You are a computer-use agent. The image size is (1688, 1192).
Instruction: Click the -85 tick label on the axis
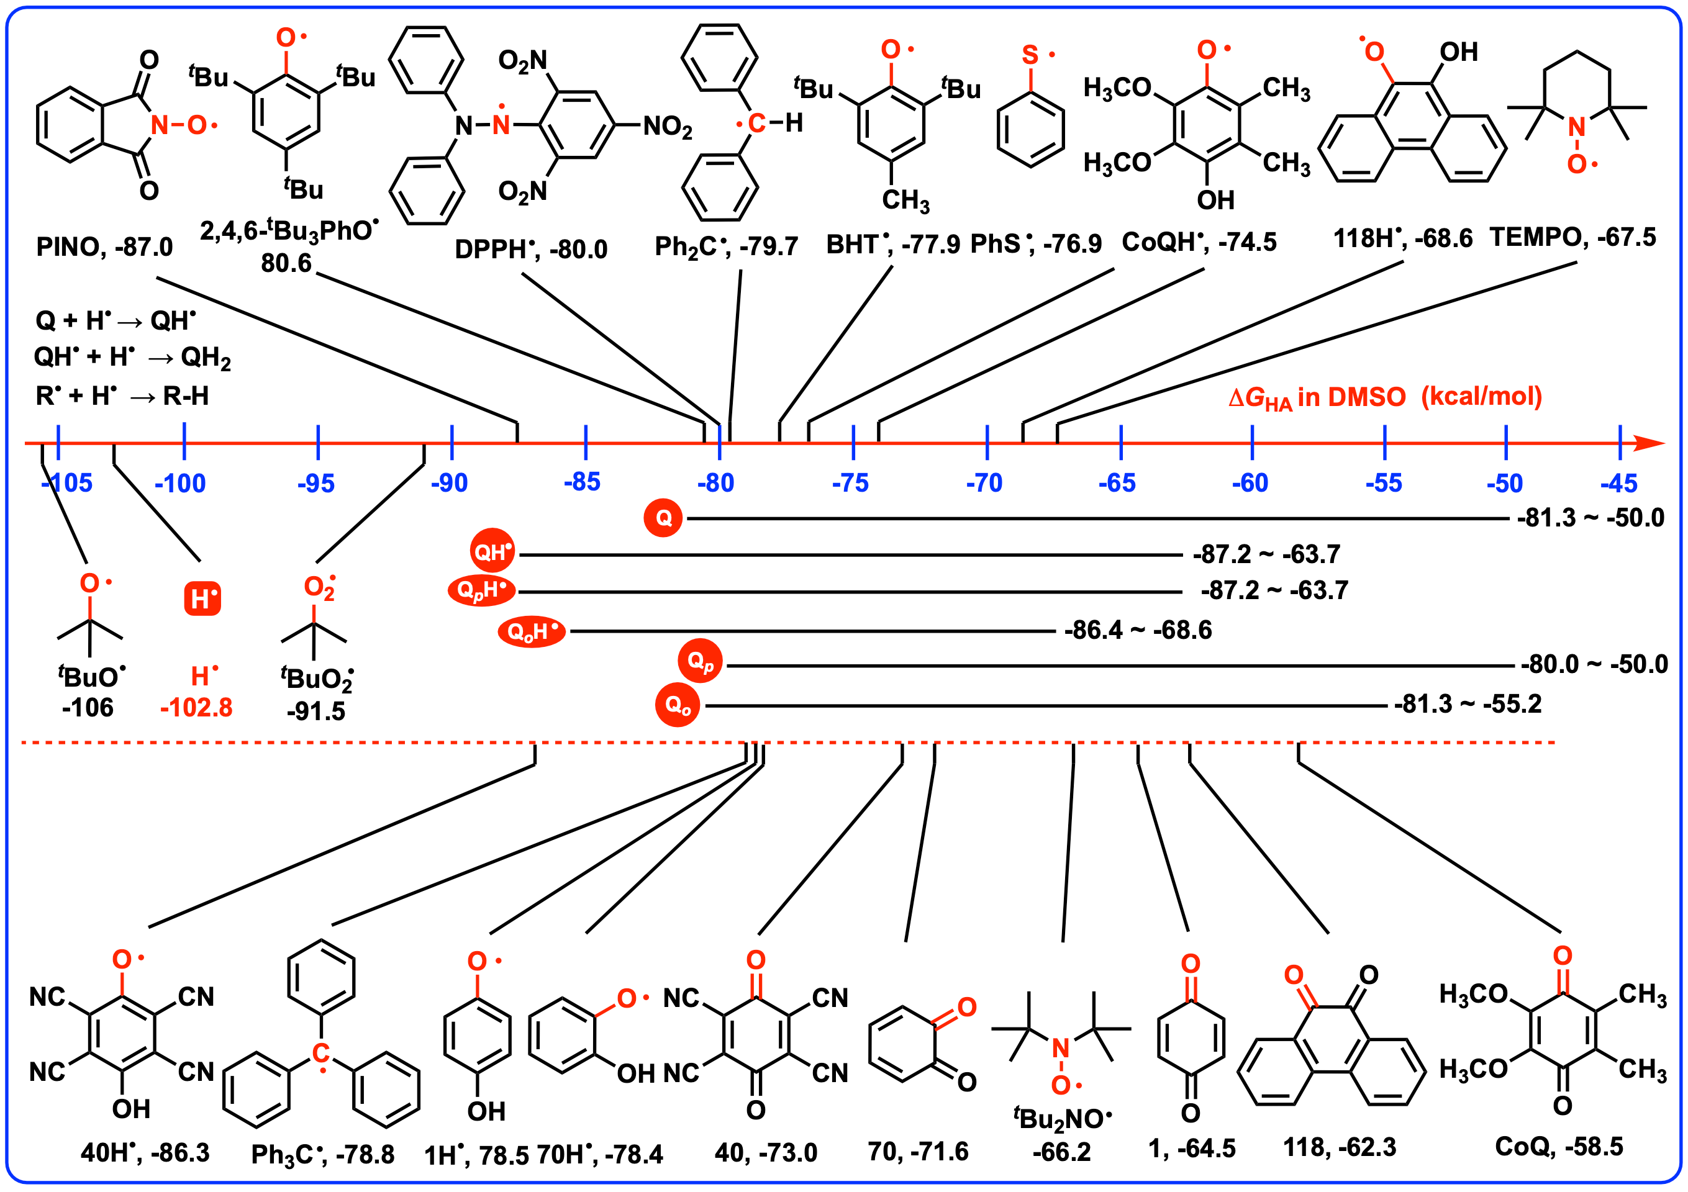[583, 482]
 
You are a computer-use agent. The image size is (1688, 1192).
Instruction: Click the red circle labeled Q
[663, 518]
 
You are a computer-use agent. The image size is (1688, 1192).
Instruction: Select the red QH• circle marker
[492, 551]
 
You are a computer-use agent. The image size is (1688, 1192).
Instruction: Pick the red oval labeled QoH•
[532, 631]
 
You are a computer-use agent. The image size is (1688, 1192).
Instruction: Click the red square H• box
[202, 598]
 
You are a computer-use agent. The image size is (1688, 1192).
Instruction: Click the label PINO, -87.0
[104, 247]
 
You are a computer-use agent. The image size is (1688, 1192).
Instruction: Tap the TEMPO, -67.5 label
[1572, 237]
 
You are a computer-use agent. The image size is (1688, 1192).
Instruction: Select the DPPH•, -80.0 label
[531, 249]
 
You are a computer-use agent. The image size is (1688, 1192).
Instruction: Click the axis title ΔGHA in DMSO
[1385, 397]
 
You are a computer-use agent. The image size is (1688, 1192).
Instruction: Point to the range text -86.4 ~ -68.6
[1137, 630]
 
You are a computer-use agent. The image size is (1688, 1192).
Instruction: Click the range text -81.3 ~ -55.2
[1468, 704]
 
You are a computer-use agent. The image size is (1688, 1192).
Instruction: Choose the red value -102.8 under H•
[196, 707]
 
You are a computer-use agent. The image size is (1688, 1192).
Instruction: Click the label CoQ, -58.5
[1559, 1147]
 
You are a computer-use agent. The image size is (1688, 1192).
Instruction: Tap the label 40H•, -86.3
[145, 1152]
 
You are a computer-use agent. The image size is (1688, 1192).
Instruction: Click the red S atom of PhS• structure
[1030, 55]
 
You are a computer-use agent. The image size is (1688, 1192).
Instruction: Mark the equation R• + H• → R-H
[123, 396]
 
